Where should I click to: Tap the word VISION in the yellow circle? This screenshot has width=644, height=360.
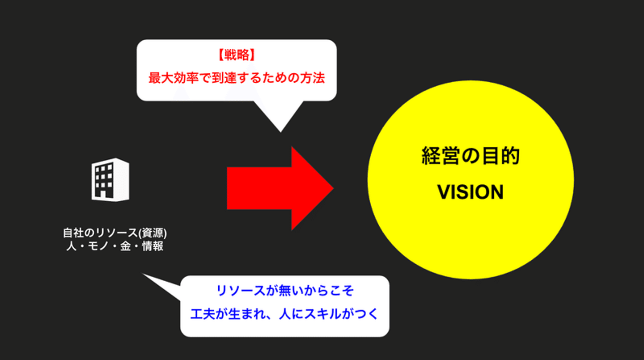(470, 192)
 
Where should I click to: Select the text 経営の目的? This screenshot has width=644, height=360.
(470, 157)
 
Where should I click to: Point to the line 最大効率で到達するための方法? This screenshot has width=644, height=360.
(237, 78)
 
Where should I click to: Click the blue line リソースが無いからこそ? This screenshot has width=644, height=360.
(285, 291)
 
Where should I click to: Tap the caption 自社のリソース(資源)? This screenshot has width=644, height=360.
(118, 233)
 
